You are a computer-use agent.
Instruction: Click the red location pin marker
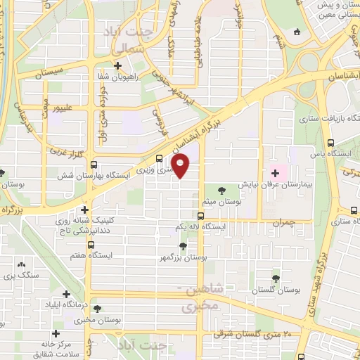pyautogui.click(x=181, y=165)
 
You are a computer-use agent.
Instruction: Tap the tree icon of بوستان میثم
pyautogui.click(x=222, y=190)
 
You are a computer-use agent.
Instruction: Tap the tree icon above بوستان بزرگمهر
pyautogui.click(x=183, y=246)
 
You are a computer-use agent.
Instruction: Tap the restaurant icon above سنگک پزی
pyautogui.click(x=28, y=262)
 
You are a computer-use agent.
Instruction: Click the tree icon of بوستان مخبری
pyautogui.click(x=96, y=309)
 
